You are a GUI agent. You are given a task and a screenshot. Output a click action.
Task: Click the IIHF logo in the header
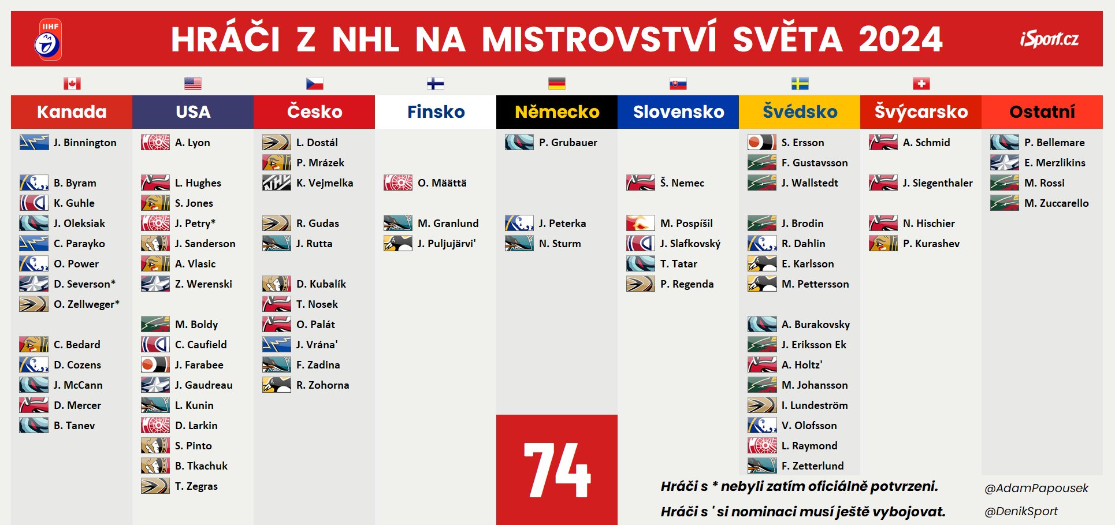pos(48,39)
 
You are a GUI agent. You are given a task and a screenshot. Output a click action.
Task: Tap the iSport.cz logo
pos(1049,39)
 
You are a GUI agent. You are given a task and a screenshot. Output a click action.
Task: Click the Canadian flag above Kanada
pos(72,84)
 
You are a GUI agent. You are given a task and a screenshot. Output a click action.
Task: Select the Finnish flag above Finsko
pos(436,84)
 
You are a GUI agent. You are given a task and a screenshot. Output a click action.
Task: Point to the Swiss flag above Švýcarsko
pos(921,84)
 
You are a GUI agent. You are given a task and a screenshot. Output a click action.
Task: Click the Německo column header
pos(557,111)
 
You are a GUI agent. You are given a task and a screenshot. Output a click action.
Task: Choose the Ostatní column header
pos(1042,111)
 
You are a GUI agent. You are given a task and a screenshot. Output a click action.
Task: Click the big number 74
pos(557,470)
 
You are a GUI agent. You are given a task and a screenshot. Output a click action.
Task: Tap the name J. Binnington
pos(85,143)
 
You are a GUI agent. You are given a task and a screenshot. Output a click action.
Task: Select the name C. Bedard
pos(77,345)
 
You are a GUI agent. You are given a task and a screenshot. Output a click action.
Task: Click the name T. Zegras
pos(196,486)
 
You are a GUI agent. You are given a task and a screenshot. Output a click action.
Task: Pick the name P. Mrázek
pos(320,163)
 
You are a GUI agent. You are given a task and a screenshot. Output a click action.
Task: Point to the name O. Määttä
pos(442,183)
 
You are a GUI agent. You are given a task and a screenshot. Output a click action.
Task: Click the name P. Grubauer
pos(568,143)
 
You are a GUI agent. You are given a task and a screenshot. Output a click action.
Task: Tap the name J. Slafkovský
pos(690,244)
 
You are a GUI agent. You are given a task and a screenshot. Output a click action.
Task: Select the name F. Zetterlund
pos(812,466)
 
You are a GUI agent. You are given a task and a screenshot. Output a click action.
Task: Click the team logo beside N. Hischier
pos(883,223)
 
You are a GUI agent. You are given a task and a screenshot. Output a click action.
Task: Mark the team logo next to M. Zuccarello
pos(1005,203)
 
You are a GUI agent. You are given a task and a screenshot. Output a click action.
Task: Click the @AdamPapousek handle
pos(1036,489)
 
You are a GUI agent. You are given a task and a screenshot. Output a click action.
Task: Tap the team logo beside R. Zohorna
pos(277,385)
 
